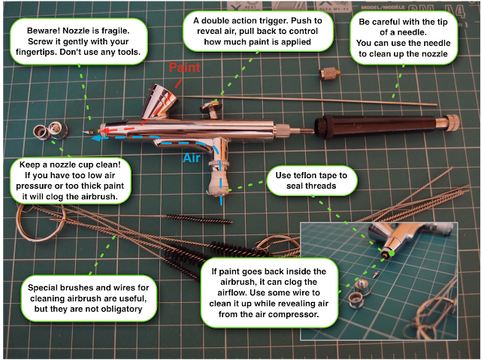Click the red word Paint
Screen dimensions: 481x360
184,67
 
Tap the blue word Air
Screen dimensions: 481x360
192,158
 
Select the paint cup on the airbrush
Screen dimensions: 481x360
159,101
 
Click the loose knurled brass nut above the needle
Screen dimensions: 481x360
329,74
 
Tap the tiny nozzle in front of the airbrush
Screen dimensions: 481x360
88,132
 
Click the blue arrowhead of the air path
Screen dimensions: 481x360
96,138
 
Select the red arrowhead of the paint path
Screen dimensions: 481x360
104,132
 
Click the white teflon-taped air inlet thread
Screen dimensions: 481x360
219,182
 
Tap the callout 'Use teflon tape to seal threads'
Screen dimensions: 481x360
311,180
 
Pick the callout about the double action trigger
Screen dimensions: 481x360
258,32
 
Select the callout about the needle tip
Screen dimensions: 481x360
403,38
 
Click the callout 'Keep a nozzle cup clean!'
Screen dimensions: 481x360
70,180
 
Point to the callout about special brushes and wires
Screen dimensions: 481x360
89,298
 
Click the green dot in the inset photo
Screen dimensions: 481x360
392,253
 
